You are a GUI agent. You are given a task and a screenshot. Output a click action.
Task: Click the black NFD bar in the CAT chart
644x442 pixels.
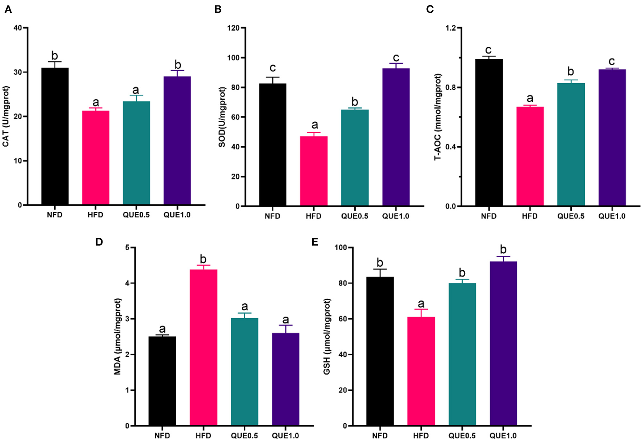point(55,136)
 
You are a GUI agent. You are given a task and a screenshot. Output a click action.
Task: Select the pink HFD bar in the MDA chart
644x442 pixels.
point(204,347)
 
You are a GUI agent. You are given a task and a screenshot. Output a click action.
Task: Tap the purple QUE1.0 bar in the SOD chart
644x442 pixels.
point(396,137)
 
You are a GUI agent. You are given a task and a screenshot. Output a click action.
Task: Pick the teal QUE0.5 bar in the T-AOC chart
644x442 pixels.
point(571,144)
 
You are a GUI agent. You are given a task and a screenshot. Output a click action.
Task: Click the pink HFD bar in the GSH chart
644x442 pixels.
point(421,371)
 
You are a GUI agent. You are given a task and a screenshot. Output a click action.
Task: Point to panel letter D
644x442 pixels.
point(99,242)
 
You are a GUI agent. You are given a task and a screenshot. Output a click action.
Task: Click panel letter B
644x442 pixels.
point(218,9)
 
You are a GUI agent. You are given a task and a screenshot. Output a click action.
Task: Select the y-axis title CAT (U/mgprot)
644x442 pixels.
point(6,116)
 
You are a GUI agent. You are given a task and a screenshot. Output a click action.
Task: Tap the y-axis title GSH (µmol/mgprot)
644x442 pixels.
point(327,337)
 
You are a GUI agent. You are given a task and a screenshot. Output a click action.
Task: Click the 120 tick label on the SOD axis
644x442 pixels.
point(233,28)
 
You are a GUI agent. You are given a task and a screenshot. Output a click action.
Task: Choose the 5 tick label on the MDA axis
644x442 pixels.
point(127,248)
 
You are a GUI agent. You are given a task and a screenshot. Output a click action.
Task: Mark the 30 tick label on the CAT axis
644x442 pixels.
point(17,72)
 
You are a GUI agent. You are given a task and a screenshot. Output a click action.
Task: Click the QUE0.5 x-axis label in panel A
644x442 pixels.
point(136,215)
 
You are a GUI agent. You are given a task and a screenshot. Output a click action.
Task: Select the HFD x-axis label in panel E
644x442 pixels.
point(421,436)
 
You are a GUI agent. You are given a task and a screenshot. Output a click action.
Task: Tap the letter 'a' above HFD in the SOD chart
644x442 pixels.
point(314,125)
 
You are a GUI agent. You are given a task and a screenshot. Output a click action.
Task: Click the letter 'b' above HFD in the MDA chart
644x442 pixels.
point(203,259)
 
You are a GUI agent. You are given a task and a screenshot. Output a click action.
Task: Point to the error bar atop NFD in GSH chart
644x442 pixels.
point(380,272)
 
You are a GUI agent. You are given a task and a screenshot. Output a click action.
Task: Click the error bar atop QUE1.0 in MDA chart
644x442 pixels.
point(286,328)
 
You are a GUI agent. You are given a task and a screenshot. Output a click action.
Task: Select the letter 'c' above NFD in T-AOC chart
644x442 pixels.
point(489,50)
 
